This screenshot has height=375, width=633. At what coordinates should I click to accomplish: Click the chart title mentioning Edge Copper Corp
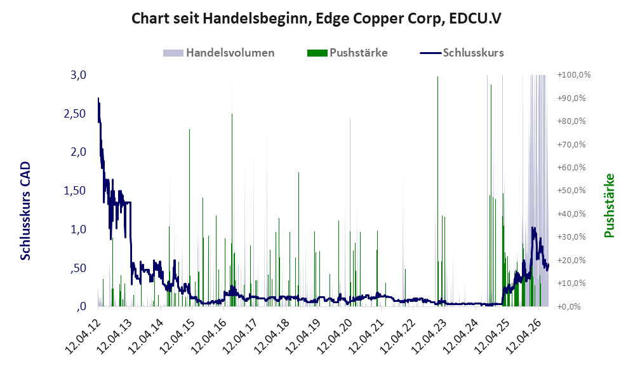(316, 18)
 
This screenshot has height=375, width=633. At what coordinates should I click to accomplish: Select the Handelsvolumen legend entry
(219, 53)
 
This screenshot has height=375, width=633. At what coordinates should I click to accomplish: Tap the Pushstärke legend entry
(347, 53)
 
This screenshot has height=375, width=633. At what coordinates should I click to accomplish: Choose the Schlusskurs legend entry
(462, 53)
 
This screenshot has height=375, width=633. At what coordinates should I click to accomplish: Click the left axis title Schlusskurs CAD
(25, 210)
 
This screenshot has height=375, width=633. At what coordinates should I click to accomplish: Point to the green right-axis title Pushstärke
(609, 205)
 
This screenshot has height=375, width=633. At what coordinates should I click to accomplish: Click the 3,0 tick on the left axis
(78, 75)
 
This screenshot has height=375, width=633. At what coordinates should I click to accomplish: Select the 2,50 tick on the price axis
(75, 114)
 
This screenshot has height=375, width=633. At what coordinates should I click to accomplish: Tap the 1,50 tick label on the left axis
(75, 191)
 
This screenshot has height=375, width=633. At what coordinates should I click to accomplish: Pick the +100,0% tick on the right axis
(574, 75)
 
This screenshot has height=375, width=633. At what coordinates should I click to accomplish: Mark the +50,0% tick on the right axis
(571, 190)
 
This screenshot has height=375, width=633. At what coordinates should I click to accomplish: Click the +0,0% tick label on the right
(570, 306)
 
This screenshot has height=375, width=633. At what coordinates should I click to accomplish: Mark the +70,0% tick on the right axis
(571, 144)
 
